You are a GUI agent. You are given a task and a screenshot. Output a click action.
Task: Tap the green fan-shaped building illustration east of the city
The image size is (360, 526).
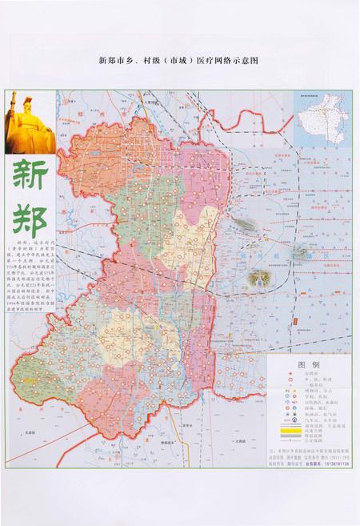click(x=258, y=277)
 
